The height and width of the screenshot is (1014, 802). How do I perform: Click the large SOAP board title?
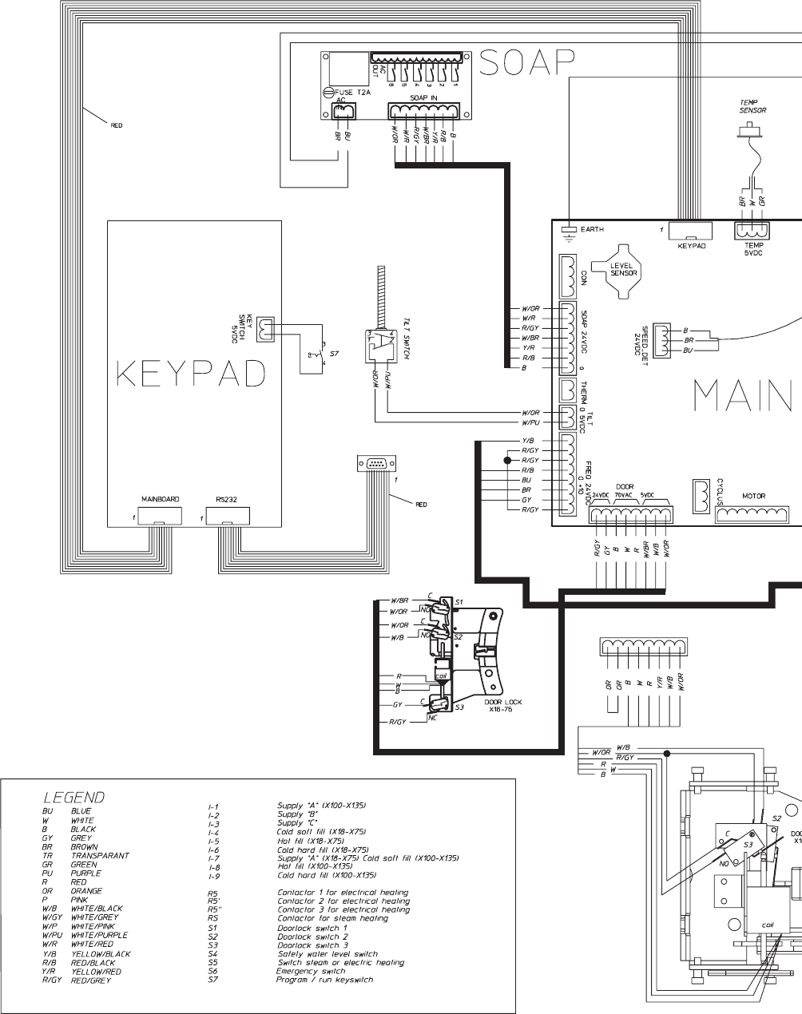click(527, 62)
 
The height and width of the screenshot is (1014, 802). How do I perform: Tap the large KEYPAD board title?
click(190, 373)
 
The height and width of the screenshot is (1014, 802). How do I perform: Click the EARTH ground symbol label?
click(592, 230)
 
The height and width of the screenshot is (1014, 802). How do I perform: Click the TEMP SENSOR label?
click(752, 106)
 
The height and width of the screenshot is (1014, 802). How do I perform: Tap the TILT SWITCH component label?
click(406, 344)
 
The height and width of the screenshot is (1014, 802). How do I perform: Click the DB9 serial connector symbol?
click(375, 463)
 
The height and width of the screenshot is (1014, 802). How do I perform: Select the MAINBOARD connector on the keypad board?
click(160, 516)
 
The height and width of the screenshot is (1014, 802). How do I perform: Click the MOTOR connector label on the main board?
click(753, 496)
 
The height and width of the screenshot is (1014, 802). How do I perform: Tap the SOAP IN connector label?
click(423, 97)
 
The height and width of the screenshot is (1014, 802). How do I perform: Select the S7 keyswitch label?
click(335, 353)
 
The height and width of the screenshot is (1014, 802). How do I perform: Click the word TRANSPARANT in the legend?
click(100, 855)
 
